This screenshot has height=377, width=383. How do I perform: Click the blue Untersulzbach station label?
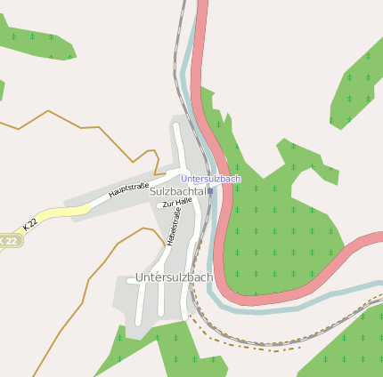210,179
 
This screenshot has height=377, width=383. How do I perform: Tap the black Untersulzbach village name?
174,277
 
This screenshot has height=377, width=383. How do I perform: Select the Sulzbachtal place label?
178,191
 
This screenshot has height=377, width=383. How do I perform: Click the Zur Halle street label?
177,203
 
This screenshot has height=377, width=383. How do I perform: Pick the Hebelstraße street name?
172,228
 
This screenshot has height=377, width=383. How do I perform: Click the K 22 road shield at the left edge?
8,240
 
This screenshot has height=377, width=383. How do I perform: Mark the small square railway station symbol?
210,189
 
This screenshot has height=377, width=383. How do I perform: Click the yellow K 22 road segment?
62,212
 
